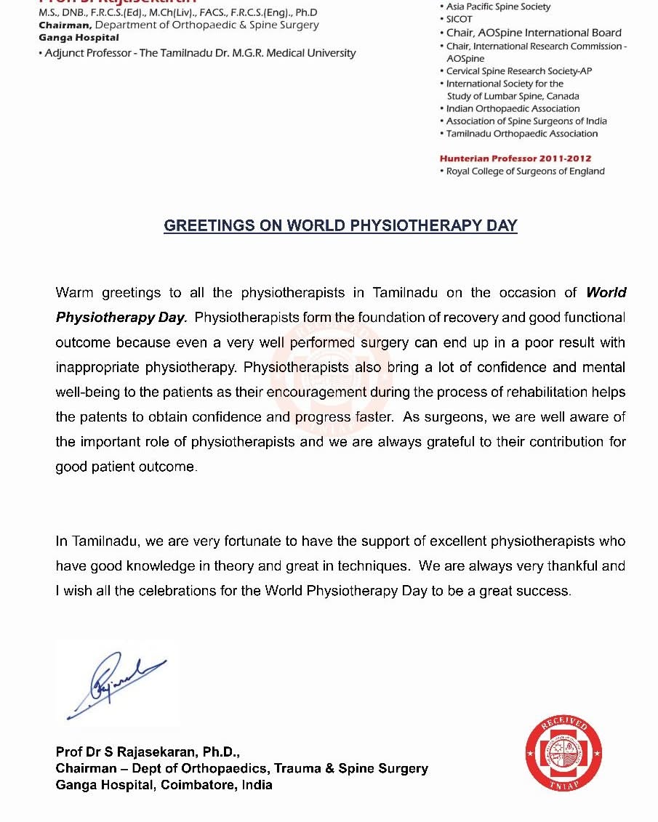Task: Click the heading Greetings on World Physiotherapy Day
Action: [x=340, y=225]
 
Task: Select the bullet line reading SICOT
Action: [x=459, y=20]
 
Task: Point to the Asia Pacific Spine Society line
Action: [x=498, y=7]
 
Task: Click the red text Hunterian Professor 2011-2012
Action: [x=515, y=158]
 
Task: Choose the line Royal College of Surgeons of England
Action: [x=525, y=172]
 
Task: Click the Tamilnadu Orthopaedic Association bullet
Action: [x=521, y=134]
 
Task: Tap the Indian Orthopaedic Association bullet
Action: [x=513, y=108]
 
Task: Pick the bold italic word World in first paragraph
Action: [x=606, y=293]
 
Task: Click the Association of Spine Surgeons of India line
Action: [x=526, y=121]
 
